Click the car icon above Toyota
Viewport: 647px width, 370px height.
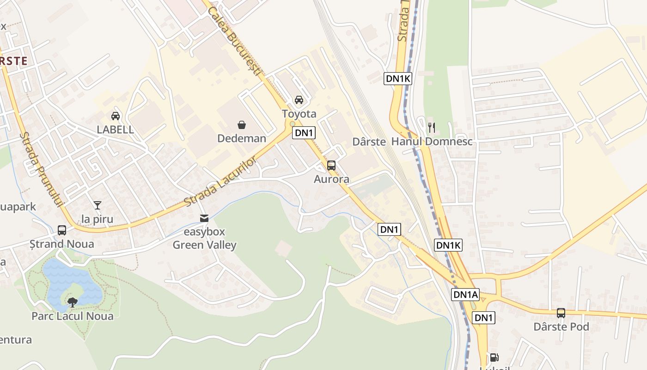[x=299, y=100]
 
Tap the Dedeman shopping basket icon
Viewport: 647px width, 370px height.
[x=241, y=125]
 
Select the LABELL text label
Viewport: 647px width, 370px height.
[x=115, y=129]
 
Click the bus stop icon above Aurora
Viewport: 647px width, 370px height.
[x=331, y=166]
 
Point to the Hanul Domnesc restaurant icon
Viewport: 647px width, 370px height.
[x=432, y=127]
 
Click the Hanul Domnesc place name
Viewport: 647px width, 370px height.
[x=432, y=142]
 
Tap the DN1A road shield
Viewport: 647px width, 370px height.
[x=465, y=295]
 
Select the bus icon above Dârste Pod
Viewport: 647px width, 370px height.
[x=561, y=313]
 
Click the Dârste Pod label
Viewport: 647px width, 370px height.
[x=561, y=327]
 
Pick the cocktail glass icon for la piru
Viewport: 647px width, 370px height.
[x=97, y=205]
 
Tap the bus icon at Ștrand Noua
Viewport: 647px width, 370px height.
[x=62, y=230]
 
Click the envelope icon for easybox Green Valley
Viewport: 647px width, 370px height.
[x=204, y=218]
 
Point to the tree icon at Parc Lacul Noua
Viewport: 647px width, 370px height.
[x=72, y=302]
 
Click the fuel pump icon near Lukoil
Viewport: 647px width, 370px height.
[x=494, y=358]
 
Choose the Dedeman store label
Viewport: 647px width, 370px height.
[x=242, y=138]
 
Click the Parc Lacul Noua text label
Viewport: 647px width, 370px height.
[x=72, y=316]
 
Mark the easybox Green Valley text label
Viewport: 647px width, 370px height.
[x=204, y=239]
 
